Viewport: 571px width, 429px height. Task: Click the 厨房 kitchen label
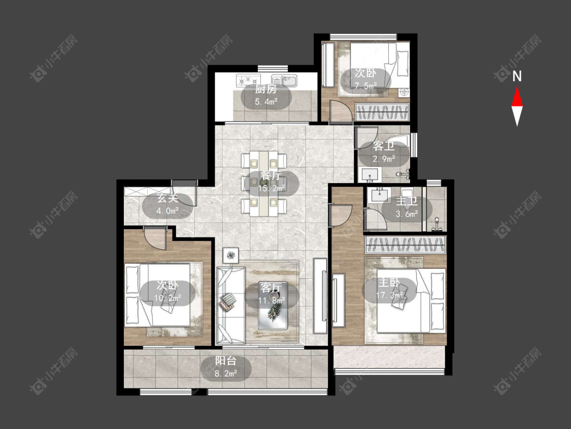(x=266, y=89)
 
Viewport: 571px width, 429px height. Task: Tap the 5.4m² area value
(x=266, y=102)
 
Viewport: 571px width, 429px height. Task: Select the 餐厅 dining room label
(x=271, y=175)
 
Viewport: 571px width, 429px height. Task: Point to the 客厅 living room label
(x=272, y=288)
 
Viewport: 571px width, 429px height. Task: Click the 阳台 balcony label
(x=226, y=361)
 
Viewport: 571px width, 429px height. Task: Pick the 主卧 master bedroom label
(x=389, y=282)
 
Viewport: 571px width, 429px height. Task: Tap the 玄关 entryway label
(x=167, y=199)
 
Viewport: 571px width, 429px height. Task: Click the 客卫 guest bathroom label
(x=384, y=147)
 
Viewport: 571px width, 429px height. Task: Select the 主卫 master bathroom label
(x=407, y=201)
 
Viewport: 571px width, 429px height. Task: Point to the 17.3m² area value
(x=389, y=295)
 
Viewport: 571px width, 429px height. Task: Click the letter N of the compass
(x=517, y=76)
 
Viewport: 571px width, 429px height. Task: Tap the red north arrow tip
(x=517, y=87)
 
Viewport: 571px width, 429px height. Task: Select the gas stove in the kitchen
(x=248, y=80)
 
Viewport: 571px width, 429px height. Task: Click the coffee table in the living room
(x=273, y=305)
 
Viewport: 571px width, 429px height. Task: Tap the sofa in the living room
(x=230, y=305)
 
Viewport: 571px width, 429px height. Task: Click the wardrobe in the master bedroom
(x=406, y=244)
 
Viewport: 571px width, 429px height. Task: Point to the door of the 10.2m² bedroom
(x=155, y=237)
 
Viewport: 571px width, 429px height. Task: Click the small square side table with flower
(x=231, y=255)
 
